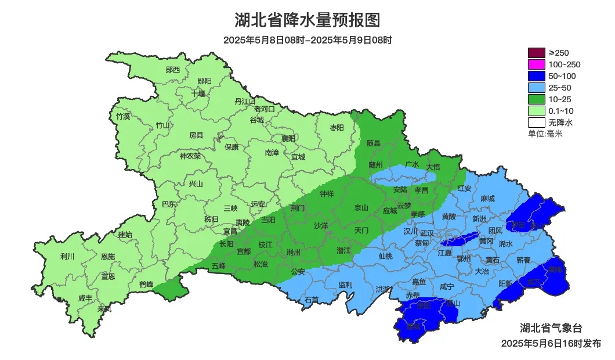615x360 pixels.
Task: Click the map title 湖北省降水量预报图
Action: [x=307, y=20]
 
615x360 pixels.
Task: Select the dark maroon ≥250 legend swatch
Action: [x=537, y=53]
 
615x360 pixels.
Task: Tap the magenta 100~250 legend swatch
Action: [x=537, y=64]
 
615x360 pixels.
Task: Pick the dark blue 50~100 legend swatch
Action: [x=537, y=76]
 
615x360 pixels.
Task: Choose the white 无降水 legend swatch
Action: [x=537, y=123]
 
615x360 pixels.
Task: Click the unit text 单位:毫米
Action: [x=545, y=134]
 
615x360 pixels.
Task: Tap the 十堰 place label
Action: [x=198, y=93]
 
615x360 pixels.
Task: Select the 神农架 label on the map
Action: [x=190, y=156]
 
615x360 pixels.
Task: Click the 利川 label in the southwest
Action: [x=67, y=256]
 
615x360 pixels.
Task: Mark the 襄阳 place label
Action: [x=288, y=138]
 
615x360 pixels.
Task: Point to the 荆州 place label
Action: [x=294, y=252]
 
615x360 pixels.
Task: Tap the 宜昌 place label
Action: [x=230, y=231]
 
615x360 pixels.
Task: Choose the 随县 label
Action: [x=374, y=143]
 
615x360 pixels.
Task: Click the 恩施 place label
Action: [x=108, y=256]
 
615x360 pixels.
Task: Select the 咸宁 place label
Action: [x=447, y=286]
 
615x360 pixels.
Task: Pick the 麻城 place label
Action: [x=487, y=199]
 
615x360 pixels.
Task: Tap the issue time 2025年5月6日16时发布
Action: [x=551, y=343]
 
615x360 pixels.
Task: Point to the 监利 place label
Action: [x=345, y=285]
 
